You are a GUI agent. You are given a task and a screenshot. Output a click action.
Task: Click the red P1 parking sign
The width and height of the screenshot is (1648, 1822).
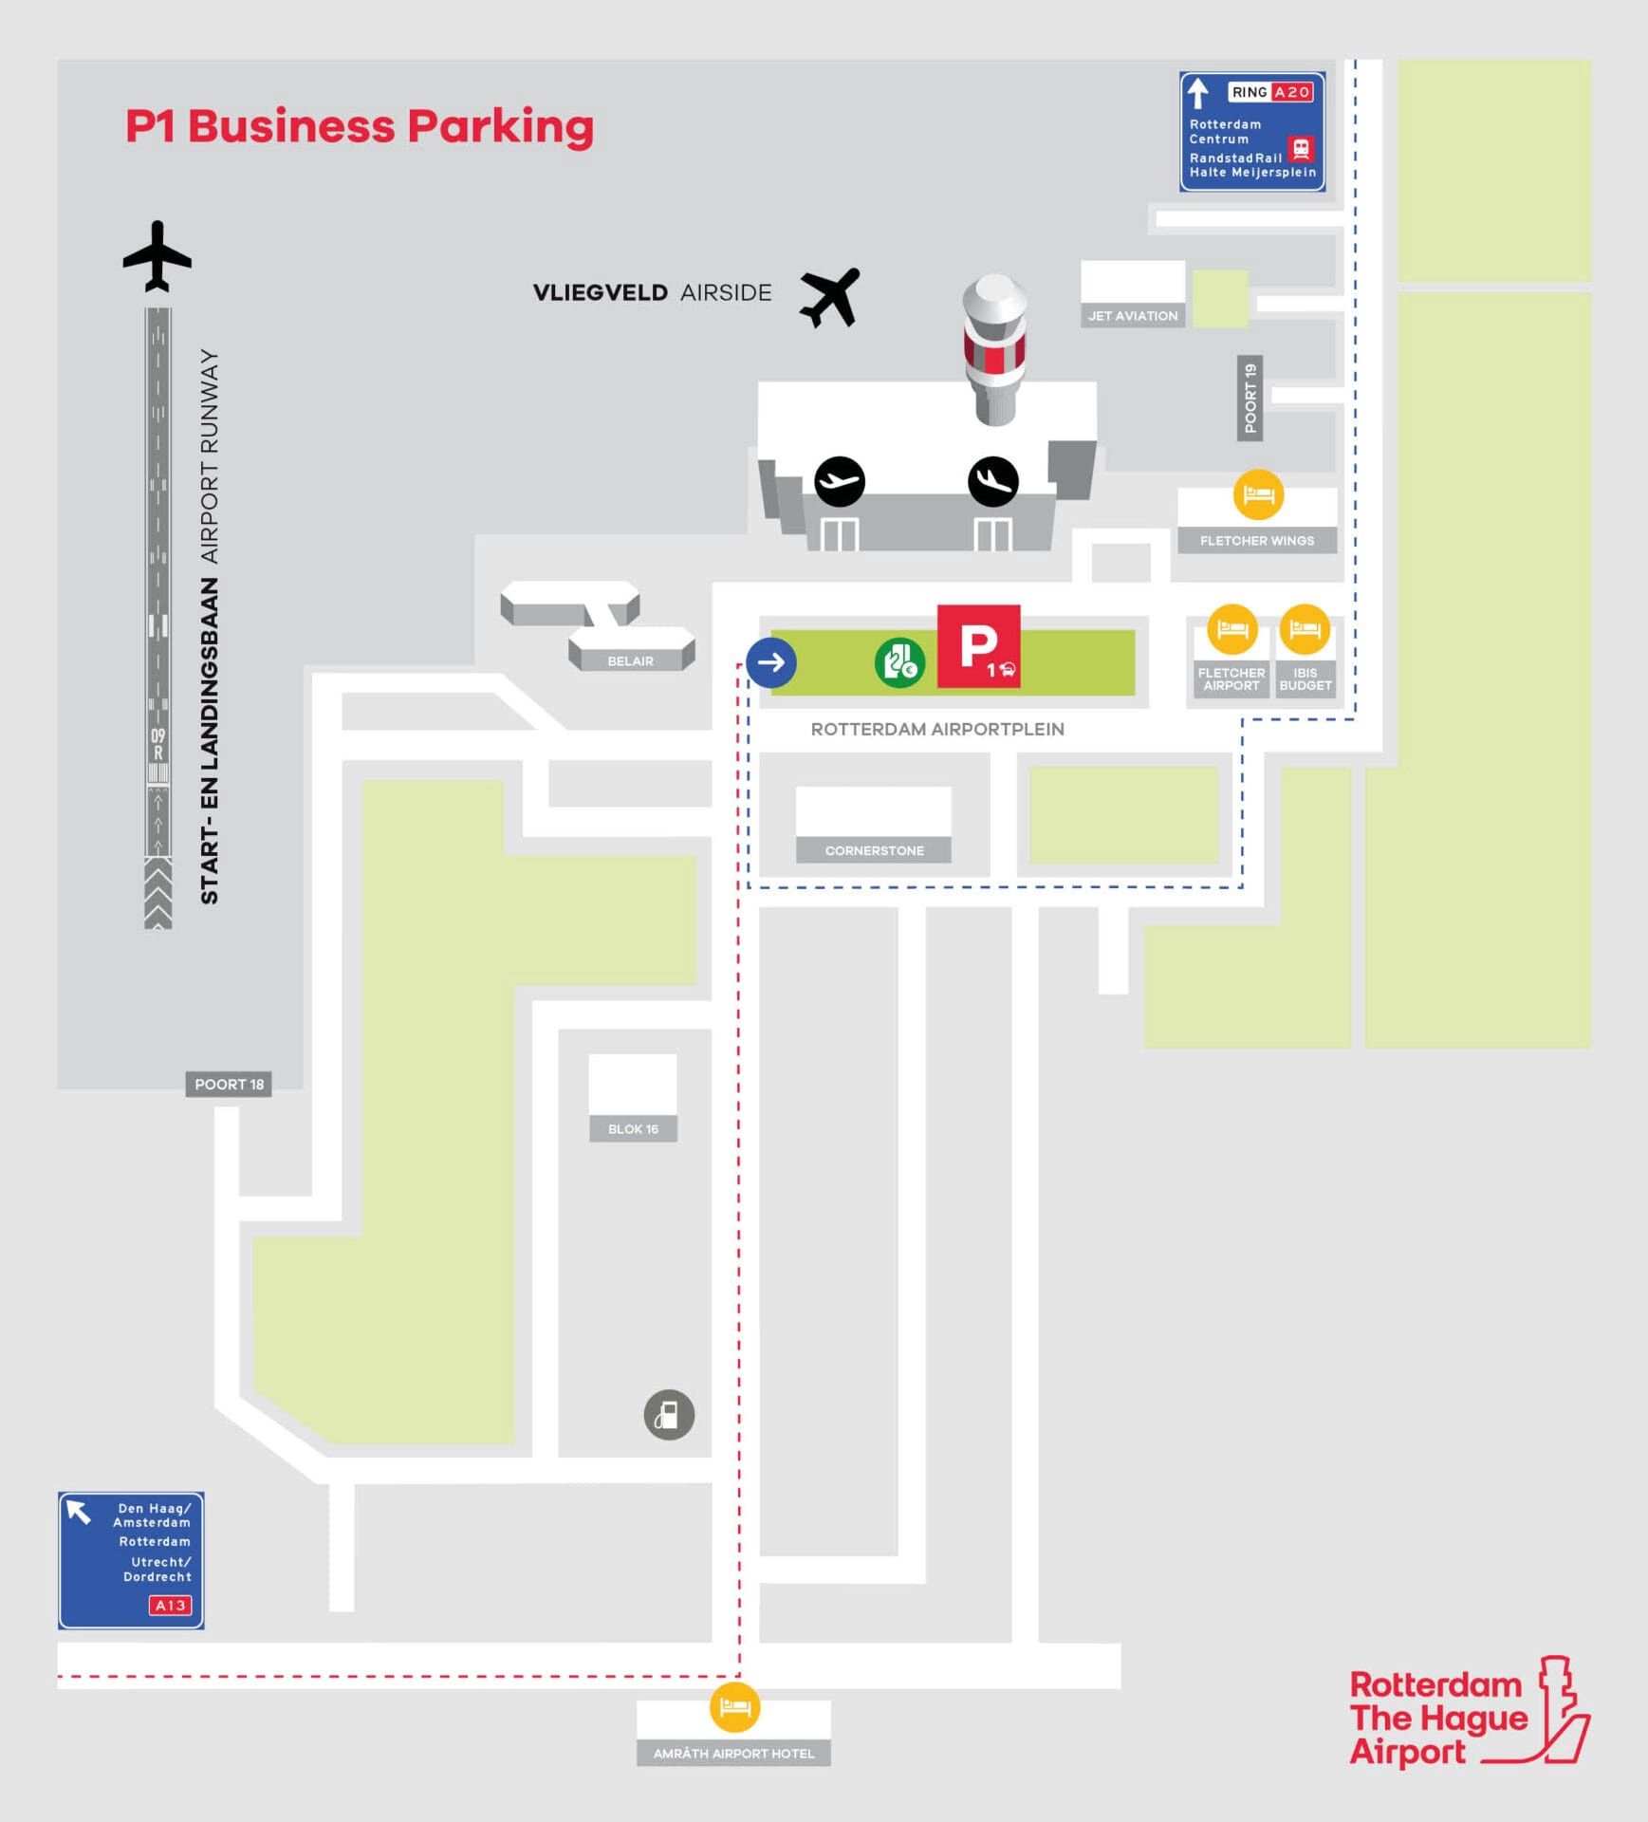(x=978, y=646)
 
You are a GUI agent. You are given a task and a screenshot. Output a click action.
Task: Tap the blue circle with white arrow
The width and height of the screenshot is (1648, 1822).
(x=770, y=661)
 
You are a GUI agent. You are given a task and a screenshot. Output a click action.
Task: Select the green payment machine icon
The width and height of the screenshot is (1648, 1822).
(x=898, y=662)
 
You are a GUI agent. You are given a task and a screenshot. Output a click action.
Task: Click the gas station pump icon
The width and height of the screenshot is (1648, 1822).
(x=669, y=1415)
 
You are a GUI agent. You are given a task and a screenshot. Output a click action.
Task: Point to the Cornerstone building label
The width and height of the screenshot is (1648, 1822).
(x=874, y=850)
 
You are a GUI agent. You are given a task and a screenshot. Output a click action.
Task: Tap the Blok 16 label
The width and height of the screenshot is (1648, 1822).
(x=633, y=1128)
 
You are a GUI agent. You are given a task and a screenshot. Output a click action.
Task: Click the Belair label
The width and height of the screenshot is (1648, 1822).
(x=630, y=660)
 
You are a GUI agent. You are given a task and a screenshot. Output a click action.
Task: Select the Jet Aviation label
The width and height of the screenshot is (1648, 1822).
(x=1133, y=316)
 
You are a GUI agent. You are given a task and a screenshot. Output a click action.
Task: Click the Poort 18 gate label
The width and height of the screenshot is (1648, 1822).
(x=229, y=1084)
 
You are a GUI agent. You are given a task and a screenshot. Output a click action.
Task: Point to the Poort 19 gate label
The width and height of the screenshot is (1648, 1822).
(x=1250, y=398)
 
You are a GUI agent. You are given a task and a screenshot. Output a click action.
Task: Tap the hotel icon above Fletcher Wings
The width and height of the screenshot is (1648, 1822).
(x=1258, y=494)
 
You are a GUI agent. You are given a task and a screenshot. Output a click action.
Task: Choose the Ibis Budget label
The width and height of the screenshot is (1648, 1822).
(x=1305, y=679)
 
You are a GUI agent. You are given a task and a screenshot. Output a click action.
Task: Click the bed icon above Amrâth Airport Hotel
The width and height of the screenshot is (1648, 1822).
(x=734, y=1707)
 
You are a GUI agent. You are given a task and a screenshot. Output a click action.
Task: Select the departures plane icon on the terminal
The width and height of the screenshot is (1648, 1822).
(x=840, y=481)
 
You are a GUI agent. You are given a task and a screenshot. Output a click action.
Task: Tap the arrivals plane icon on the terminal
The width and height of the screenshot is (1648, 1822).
(x=992, y=481)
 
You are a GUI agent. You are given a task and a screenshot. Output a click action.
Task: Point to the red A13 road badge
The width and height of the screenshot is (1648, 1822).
(x=170, y=1605)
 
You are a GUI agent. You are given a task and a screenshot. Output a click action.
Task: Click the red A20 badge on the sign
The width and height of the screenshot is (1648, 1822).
(x=1292, y=92)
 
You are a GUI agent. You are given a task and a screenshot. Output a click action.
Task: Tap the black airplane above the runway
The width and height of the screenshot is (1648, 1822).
(x=157, y=256)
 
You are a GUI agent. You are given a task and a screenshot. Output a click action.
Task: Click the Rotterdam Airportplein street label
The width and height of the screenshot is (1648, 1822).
(x=936, y=729)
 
